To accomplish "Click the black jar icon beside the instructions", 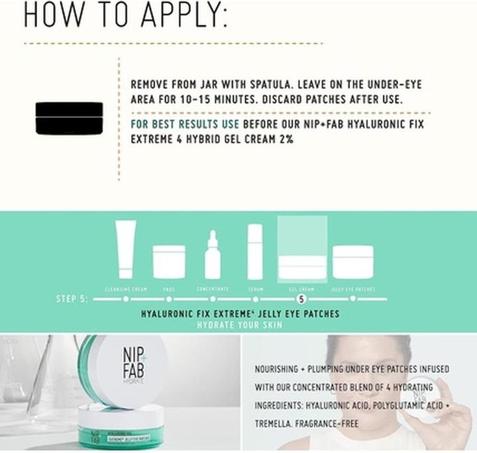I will click(69, 119).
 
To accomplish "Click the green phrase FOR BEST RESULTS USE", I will click(185, 125).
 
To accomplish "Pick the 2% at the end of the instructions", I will click(284, 140).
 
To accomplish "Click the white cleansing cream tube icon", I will click(125, 250).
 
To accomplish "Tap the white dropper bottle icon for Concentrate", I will click(213, 255).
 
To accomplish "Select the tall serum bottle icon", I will click(254, 252).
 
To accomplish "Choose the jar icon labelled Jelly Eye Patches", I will click(352, 262).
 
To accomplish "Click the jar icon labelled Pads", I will click(169, 262).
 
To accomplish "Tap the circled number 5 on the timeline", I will click(302, 299).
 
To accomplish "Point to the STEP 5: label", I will click(72, 299).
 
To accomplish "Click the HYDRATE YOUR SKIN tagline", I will click(240, 325).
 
